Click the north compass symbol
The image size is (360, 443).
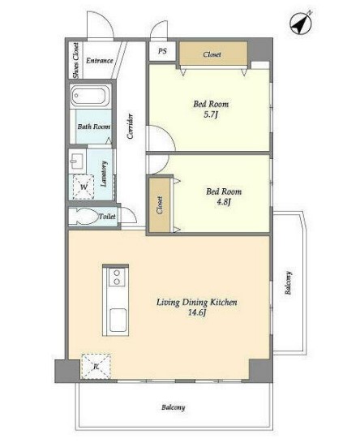pos(302,24)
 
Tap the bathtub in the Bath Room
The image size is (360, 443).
pos(90,96)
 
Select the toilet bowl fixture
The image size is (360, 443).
pos(83,217)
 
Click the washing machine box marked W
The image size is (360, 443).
pos(84,187)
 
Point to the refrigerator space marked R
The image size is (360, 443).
pos(96,366)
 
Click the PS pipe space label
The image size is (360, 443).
pos(162,51)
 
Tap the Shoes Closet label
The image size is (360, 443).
pos(75,61)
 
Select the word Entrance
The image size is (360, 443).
pos(100,61)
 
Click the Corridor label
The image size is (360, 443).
pos(131,126)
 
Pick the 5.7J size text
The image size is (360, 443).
pos(211,114)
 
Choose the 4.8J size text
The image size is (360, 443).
pos(223,202)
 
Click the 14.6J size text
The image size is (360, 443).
pos(197,312)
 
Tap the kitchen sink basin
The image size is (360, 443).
pos(118,320)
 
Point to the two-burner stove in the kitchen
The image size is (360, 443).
pos(117,277)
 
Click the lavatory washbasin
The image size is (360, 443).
pos(76,161)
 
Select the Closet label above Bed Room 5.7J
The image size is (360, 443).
pos(212,54)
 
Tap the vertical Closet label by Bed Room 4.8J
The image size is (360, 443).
pos(160,205)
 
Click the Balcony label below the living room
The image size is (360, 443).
pos(173,407)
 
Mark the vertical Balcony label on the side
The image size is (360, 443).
pos(288,283)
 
